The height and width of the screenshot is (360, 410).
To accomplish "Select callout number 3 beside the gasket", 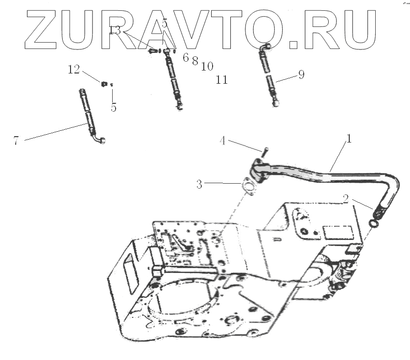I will (x=199, y=184).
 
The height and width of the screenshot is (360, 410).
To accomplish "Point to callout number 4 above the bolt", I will (x=222, y=142).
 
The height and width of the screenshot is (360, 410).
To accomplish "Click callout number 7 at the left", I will (x=16, y=141).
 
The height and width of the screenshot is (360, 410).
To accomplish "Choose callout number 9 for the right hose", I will (x=301, y=75).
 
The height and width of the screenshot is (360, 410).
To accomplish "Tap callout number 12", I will (x=73, y=70).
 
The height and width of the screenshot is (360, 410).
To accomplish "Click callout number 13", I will (x=115, y=31).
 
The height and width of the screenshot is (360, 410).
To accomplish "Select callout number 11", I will (x=222, y=79).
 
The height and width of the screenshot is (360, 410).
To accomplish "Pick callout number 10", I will (x=207, y=66).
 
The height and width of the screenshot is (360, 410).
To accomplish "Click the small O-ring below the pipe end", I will (x=373, y=224).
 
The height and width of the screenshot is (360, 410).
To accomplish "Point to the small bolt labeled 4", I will (x=264, y=151).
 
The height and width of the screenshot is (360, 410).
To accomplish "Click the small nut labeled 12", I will (x=104, y=84).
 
